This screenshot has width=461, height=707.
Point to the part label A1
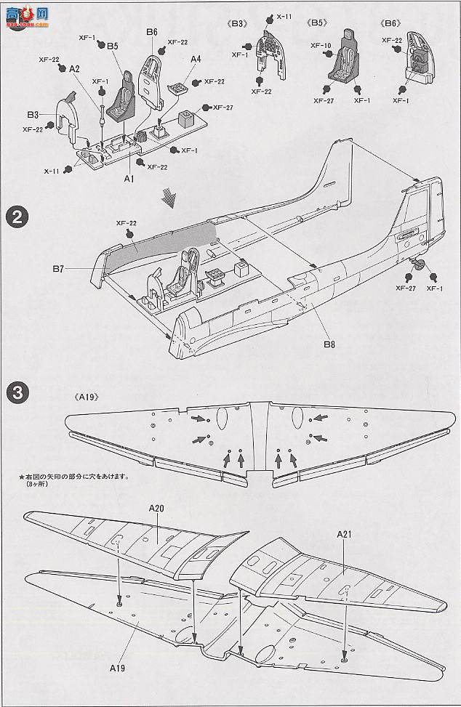coord(129,177)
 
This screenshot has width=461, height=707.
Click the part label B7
coord(59,269)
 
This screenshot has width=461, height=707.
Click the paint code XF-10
coord(321,45)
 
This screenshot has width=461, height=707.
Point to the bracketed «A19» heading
coord(86,397)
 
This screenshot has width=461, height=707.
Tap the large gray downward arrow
coord(169,197)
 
